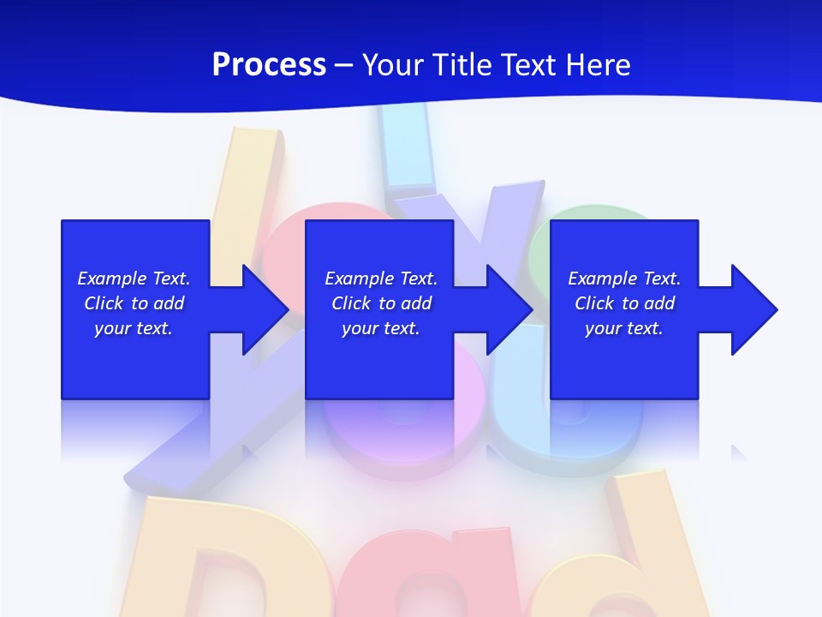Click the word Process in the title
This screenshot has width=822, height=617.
pos(269,65)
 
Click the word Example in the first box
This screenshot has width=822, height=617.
pos(112,279)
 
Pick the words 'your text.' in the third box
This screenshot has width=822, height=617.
pos(623,328)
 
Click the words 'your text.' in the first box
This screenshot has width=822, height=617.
pos(134,328)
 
